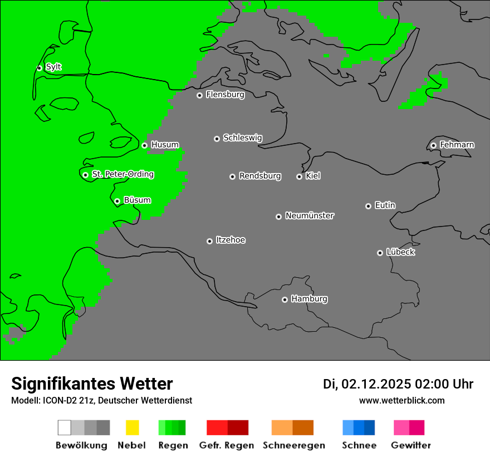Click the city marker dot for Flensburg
(x=199, y=95)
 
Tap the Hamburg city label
(x=309, y=299)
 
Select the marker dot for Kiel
(x=299, y=176)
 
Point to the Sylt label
(x=53, y=67)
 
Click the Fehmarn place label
(x=457, y=145)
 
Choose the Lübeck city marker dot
(x=380, y=253)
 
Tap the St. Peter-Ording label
(x=122, y=174)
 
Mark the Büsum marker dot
(x=117, y=201)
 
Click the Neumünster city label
(x=310, y=216)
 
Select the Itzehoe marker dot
(x=209, y=241)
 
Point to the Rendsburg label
(x=260, y=176)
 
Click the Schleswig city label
(x=242, y=138)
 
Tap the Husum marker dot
(x=144, y=145)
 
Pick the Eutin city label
(x=385, y=205)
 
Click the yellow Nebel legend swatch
(x=132, y=427)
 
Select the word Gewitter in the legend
(x=411, y=445)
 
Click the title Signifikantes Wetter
(x=92, y=384)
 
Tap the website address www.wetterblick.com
(x=401, y=400)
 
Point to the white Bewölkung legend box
(x=65, y=427)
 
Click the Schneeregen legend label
(x=293, y=445)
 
